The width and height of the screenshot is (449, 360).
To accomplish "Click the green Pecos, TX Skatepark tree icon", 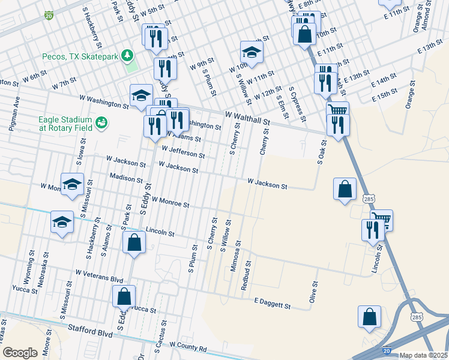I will tap(127, 56).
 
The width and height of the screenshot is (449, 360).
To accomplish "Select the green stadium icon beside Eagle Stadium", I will tap(103, 122).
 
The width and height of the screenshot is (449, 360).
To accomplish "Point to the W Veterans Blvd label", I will tap(99, 276).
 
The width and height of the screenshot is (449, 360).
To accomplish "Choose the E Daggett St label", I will tap(273, 302).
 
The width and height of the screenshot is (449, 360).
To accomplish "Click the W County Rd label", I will tap(188, 346).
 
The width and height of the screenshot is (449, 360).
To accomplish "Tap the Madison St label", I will tap(126, 178).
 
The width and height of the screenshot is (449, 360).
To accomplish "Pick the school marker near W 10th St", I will tap(252, 52).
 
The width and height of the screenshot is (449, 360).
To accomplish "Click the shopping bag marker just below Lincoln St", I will tap(134, 243).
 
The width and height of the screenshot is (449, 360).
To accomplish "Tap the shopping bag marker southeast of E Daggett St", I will tap(369, 317).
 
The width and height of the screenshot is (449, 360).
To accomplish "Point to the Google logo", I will tap(20, 353).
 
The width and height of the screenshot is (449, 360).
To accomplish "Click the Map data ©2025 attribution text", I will tap(423, 355).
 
